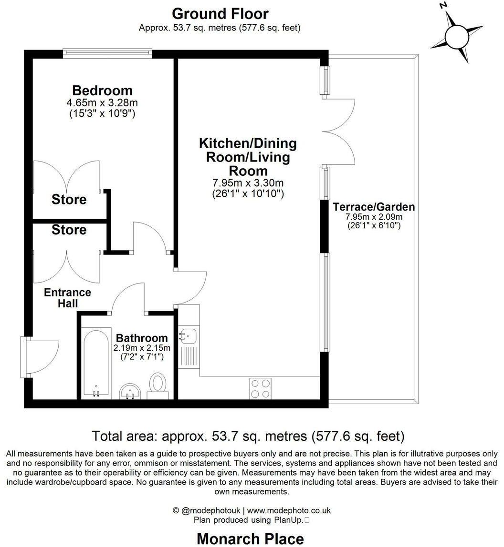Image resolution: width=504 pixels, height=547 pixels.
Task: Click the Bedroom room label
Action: pos(103,91)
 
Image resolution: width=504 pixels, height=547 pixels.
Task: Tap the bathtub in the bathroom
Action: pos(96,363)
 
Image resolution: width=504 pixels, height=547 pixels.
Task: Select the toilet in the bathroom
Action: pos(157,386)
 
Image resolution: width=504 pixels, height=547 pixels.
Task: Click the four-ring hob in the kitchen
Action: pos(261,389)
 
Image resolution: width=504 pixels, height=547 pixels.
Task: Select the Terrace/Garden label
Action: pos(374,207)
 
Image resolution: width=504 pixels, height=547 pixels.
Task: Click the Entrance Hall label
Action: pos(67,298)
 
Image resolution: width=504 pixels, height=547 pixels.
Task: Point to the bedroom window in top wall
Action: pos(107,53)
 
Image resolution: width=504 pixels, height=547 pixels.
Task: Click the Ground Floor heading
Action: pos(220,14)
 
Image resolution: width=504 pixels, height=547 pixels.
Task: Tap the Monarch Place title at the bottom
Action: pos(250,539)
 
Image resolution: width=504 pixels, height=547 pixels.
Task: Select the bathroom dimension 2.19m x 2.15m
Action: pos(142,348)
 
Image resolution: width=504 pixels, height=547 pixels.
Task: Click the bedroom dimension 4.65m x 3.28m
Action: pos(102,103)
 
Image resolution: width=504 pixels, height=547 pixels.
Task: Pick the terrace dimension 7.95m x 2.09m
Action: pos(374,217)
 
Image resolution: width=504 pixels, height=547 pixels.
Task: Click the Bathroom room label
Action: pos(142,338)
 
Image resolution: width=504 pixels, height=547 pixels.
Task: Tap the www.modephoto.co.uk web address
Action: pos(289,510)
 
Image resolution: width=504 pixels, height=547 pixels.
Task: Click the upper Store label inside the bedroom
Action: pos(69,199)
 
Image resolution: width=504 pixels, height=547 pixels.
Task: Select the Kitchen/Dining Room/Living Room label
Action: pos(248,157)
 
